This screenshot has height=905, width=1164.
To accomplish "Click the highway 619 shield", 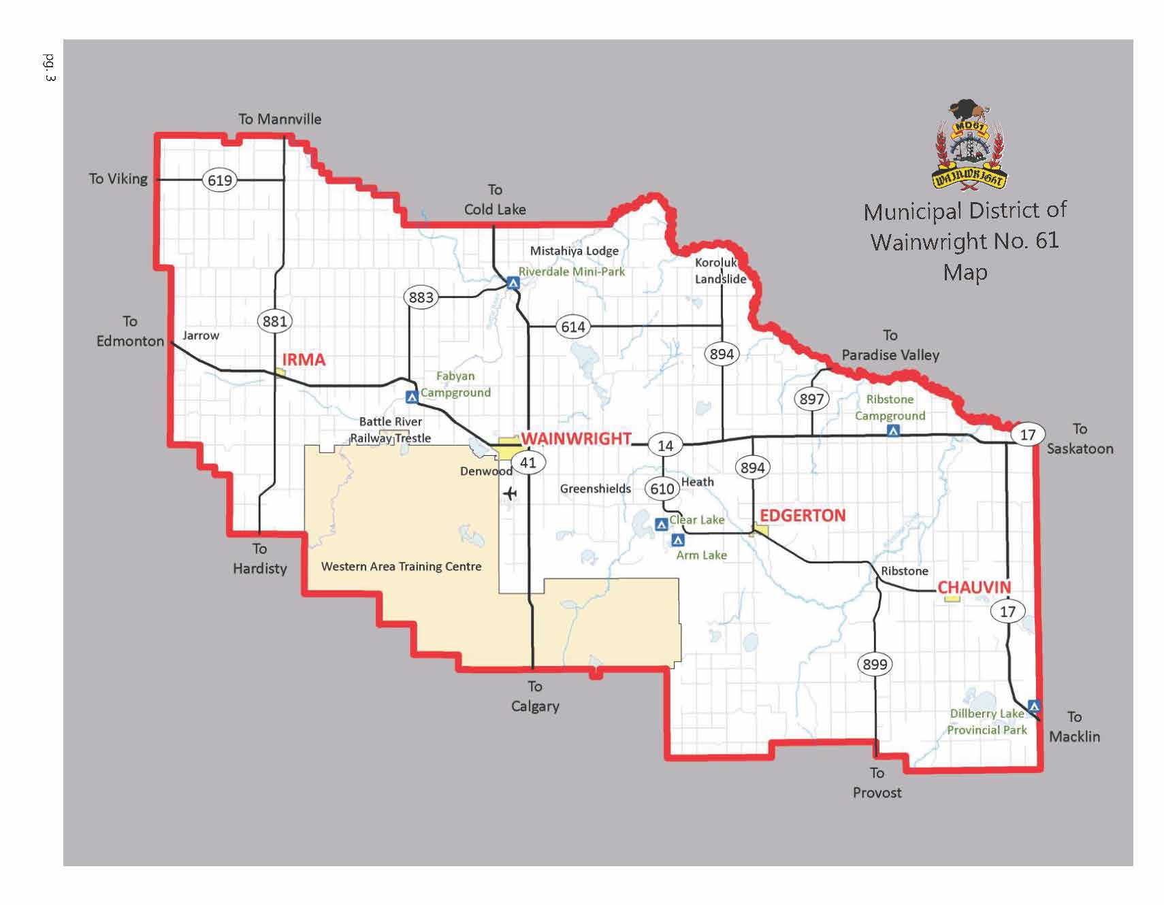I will tap(219, 180).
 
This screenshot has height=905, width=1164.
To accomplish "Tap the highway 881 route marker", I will tap(274, 321).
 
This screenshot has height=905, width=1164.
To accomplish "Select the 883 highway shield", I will tap(421, 297).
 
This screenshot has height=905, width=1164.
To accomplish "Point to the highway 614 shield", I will tap(572, 327).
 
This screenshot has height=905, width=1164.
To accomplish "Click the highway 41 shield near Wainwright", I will tap(528, 463).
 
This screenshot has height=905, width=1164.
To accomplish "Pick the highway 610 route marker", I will tap(662, 489).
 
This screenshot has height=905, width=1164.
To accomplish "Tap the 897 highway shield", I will tap(811, 399).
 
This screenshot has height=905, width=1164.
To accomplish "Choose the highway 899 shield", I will tap(875, 664).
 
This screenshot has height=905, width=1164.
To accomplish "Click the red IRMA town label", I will tap(304, 360).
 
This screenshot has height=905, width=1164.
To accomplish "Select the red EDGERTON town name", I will tap(803, 516).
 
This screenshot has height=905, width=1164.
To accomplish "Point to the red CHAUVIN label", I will tap(974, 587).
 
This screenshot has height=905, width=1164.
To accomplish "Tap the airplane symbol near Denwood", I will tap(509, 493).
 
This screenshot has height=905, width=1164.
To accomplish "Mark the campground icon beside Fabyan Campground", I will tap(411, 397).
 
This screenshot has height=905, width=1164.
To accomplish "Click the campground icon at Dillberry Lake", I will tap(1034, 706).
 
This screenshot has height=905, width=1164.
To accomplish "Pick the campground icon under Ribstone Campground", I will tap(893, 431).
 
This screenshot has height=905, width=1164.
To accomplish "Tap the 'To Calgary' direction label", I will tap(535, 696).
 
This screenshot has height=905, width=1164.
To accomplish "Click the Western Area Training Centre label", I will tap(401, 566).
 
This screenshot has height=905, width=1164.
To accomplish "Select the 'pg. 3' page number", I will tap(49, 67).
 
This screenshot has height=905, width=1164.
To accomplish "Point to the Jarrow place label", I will tap(201, 335).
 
